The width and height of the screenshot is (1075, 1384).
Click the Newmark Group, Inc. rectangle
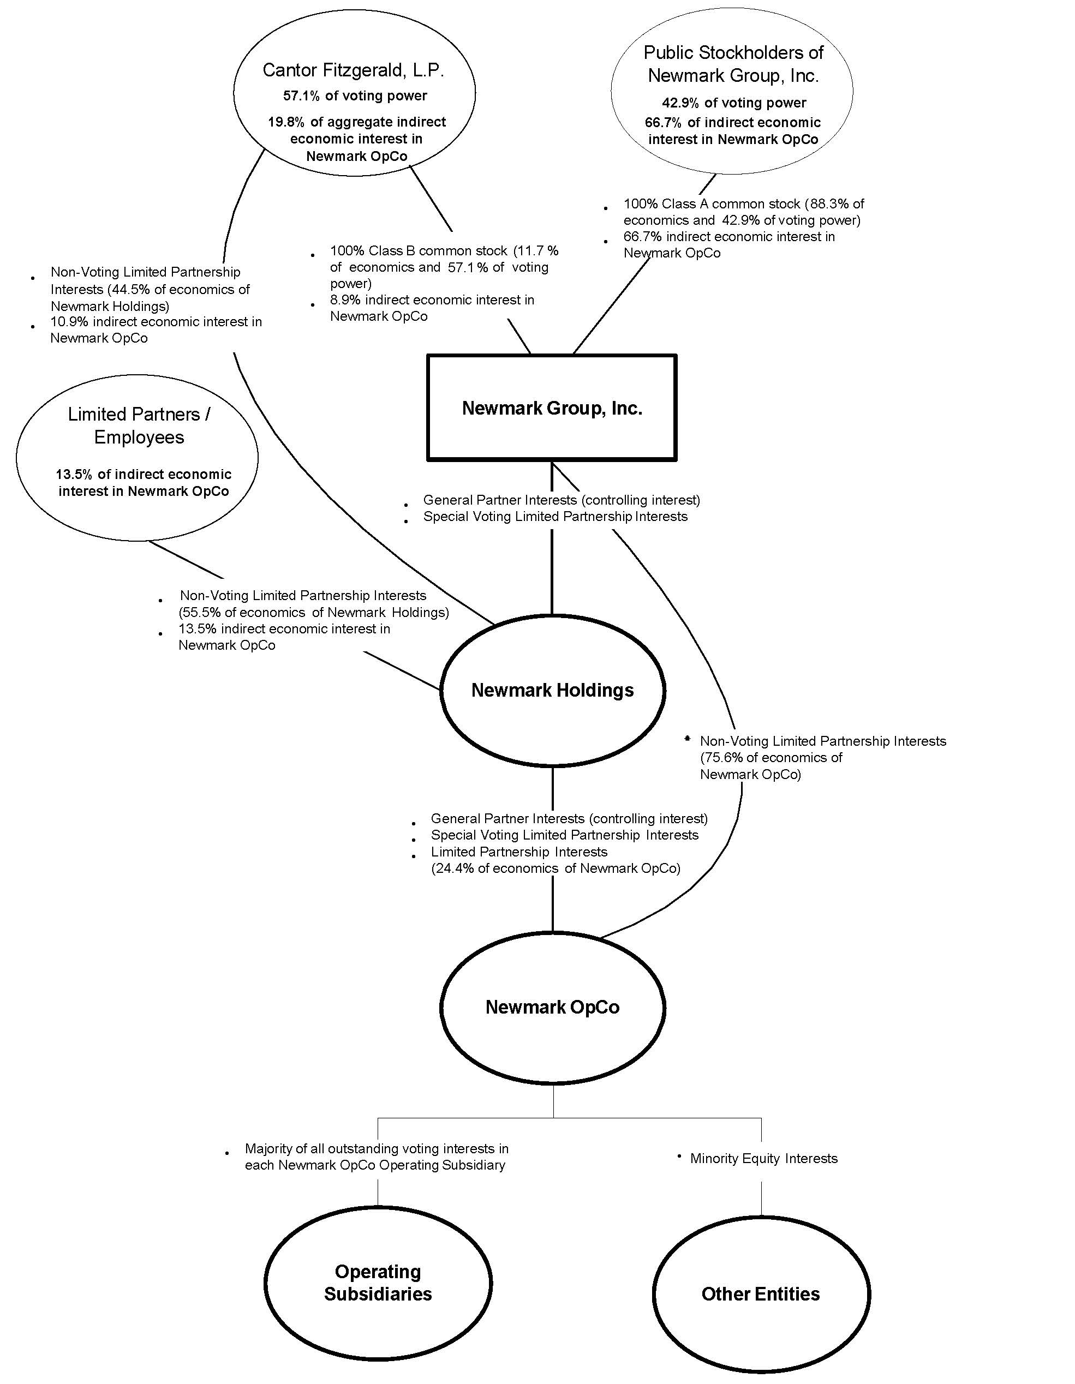pos(552,408)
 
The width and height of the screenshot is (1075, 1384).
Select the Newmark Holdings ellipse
pos(552,690)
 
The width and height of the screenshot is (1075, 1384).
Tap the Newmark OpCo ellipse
pos(552,1007)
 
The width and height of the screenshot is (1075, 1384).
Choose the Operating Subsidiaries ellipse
pos(378,1283)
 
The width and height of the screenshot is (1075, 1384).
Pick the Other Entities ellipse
pos(761,1293)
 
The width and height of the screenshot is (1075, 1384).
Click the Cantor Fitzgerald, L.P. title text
pos(353,70)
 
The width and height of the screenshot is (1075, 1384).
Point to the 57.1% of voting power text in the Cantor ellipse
pos(355,95)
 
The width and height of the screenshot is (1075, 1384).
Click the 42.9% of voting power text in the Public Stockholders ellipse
pos(734,103)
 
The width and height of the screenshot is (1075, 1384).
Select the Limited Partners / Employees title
pos(139,425)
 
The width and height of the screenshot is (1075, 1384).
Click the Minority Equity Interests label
pos(763,1158)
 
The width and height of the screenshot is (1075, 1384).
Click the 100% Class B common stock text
pos(419,250)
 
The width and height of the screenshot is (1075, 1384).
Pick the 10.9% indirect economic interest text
pos(156,322)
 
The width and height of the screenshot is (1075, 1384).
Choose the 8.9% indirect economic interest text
pos(432,299)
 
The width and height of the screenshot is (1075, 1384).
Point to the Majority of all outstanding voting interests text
pos(377,1148)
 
